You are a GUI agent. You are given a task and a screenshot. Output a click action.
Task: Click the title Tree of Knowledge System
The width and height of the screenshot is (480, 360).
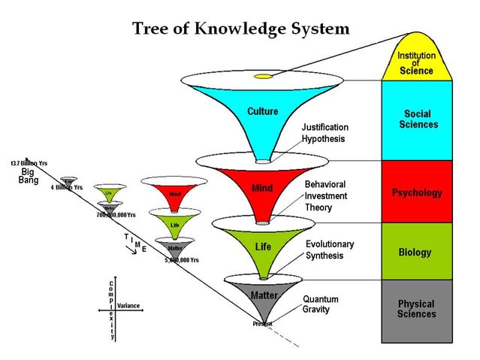[240, 29]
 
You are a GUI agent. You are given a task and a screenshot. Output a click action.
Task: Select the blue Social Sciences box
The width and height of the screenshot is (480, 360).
[416, 119]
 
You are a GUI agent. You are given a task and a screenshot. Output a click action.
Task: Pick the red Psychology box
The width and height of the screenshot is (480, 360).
[416, 192]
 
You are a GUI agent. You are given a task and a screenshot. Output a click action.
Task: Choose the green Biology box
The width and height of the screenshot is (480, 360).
[416, 253]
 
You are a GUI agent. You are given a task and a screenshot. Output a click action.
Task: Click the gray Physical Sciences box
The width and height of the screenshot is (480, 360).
[416, 309]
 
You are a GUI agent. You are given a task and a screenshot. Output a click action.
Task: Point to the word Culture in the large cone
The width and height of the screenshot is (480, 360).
[262, 111]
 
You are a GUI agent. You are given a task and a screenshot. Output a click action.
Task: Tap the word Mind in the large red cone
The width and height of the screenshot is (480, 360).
[262, 188]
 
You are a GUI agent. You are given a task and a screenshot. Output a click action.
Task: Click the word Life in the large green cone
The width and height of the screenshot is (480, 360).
[263, 247]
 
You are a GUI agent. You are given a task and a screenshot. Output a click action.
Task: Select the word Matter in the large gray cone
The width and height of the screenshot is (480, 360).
[264, 295]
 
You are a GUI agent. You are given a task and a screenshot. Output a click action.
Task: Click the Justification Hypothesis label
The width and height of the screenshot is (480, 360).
[325, 133]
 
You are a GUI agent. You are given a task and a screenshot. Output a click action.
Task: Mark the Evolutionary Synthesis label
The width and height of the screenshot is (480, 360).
[330, 250]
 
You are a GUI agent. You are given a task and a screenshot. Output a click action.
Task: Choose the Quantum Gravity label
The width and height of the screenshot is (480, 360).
[321, 304]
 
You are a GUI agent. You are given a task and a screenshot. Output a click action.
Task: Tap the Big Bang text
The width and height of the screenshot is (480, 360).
[28, 175]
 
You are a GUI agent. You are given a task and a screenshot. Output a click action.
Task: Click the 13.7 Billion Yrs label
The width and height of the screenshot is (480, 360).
[29, 163]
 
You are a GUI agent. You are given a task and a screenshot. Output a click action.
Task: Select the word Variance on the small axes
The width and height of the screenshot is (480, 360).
[128, 306]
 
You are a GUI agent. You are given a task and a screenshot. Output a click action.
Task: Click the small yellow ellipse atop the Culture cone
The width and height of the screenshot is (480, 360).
[263, 77]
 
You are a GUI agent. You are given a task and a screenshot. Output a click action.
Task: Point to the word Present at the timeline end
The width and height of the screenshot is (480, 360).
[262, 323]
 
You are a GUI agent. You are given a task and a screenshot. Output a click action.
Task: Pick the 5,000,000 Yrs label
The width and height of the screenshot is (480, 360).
[182, 260]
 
